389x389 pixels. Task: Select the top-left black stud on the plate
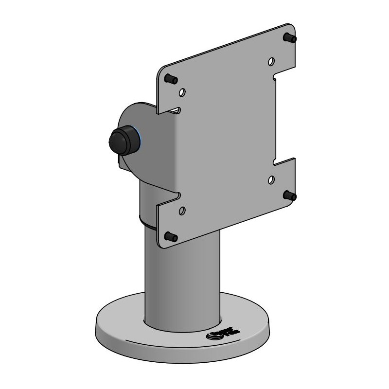tap(170, 78)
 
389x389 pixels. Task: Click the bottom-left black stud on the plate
tap(170, 236)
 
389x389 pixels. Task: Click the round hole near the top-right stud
tap(271, 62)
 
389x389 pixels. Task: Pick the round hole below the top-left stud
tap(182, 92)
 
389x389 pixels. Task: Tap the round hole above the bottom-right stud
tap(271, 180)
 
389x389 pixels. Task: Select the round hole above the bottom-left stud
tap(182, 211)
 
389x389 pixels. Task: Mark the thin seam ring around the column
tap(148, 225)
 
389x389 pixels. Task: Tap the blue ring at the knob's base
tap(140, 141)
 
